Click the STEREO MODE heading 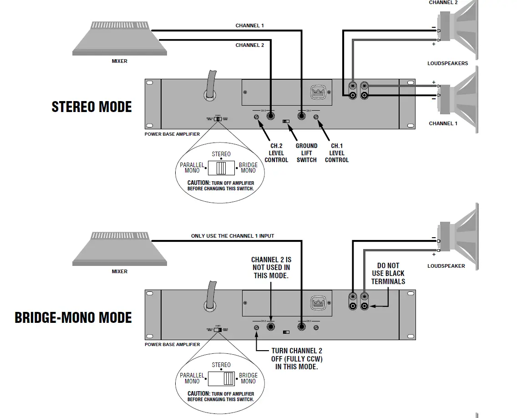point(91,107)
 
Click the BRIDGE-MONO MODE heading point(73,317)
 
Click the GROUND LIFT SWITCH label point(306,153)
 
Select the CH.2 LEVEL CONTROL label point(276,153)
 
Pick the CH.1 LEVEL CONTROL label point(337,153)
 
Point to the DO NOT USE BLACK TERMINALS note point(388,274)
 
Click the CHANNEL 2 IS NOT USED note point(271,267)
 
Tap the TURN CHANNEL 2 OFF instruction point(297,358)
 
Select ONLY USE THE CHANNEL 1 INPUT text point(233,236)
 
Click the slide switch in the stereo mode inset point(221,168)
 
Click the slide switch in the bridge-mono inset point(222,378)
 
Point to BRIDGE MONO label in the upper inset point(248,168)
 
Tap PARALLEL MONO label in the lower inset point(192,378)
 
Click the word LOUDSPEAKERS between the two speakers point(447,63)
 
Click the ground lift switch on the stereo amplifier point(286,122)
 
